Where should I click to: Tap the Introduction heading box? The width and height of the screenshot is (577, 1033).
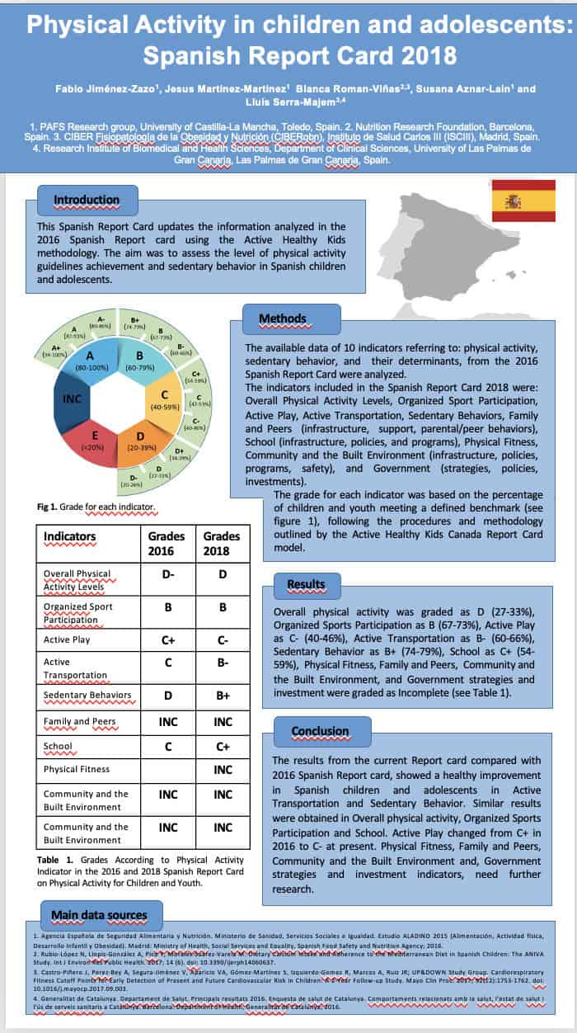pyautogui.click(x=87, y=200)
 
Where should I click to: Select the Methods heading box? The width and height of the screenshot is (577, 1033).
pyautogui.click(x=282, y=318)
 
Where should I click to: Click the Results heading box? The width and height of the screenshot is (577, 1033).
pyautogui.click(x=306, y=584)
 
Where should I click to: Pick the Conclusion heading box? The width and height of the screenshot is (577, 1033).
pyautogui.click(x=320, y=730)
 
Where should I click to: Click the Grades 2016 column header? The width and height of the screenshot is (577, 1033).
pyautogui.click(x=161, y=543)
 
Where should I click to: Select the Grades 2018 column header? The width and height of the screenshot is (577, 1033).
pyautogui.click(x=221, y=543)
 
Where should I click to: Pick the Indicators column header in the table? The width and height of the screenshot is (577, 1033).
pyautogui.click(x=70, y=536)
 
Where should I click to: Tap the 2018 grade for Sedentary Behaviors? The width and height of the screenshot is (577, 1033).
pyautogui.click(x=222, y=696)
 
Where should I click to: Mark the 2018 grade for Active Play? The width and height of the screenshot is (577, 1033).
pyautogui.click(x=222, y=639)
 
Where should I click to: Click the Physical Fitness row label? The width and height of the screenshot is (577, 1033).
pyautogui.click(x=77, y=769)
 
